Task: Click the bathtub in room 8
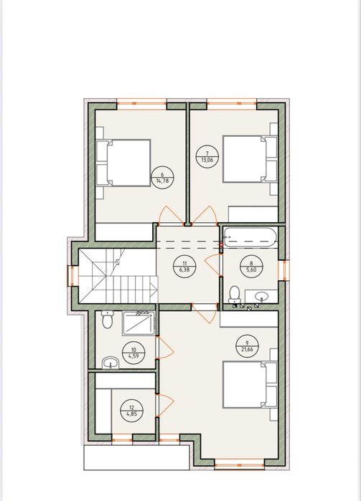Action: [250, 237]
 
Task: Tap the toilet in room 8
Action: [235, 295]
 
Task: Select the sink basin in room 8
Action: [262, 297]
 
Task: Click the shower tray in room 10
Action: [139, 323]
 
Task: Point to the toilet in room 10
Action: [108, 320]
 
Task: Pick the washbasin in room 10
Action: [111, 363]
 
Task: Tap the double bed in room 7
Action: [250, 159]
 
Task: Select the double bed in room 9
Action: [250, 385]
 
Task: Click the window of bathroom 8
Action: [284, 270]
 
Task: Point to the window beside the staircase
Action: [73, 276]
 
